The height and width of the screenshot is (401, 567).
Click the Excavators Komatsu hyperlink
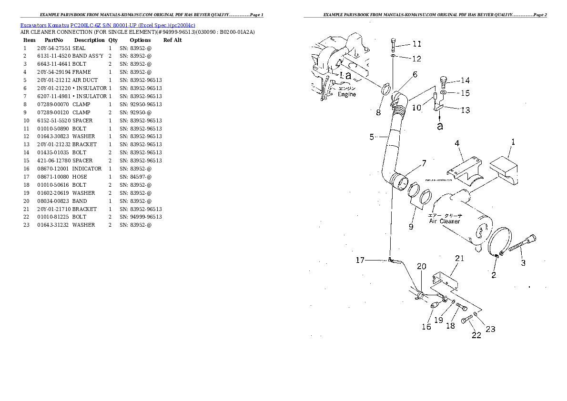click(44, 25)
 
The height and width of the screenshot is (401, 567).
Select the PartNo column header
click(53, 40)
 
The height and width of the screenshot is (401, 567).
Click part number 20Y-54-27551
click(54, 48)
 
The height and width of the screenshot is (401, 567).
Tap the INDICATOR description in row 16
click(87, 169)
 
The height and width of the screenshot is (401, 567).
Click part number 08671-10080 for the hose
click(53, 177)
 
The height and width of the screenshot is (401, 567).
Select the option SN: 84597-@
click(136, 177)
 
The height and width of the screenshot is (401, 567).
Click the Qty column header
click(113, 40)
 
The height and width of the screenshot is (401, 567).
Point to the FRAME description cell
click(81, 72)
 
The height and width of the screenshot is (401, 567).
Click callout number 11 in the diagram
click(417, 44)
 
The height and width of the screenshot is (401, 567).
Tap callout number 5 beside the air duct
click(372, 137)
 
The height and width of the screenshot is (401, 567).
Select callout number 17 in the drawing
click(360, 260)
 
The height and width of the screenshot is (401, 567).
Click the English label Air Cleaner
click(445, 221)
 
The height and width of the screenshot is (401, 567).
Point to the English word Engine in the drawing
click(347, 94)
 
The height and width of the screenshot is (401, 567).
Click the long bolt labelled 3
click(522, 244)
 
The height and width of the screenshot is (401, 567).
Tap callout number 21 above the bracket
click(460, 258)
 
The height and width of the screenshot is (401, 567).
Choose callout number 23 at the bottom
click(490, 329)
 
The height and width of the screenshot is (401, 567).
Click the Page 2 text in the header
click(540, 15)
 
